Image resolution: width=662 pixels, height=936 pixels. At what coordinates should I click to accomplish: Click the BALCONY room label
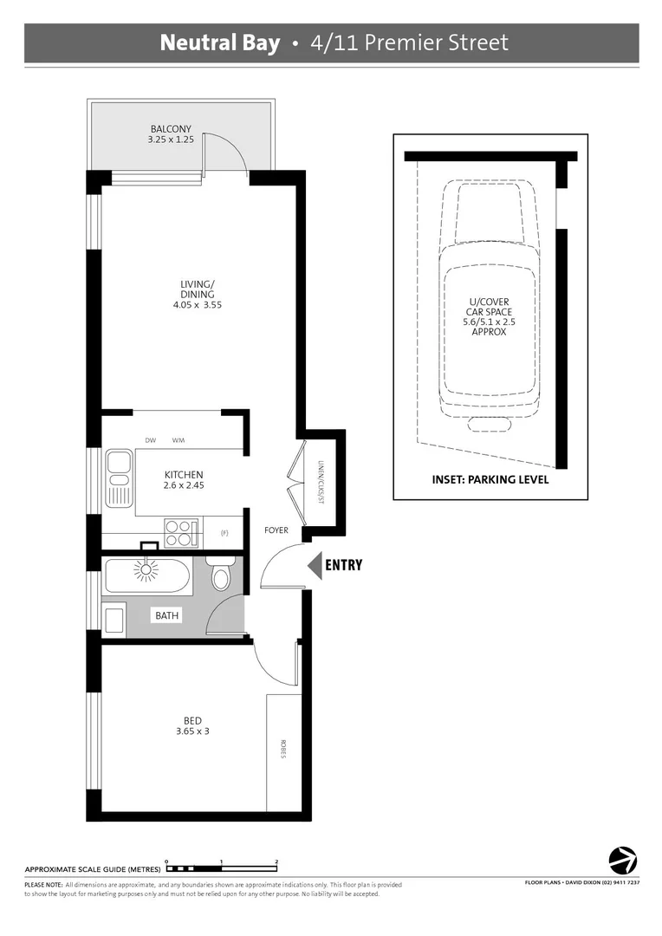tap(170, 129)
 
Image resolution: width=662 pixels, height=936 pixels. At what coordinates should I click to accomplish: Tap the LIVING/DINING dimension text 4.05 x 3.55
tap(196, 304)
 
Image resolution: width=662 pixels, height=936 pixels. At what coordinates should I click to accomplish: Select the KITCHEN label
tap(184, 475)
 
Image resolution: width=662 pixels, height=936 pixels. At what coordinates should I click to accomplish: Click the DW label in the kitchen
tap(151, 441)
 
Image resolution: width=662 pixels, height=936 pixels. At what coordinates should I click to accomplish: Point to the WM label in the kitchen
tap(178, 441)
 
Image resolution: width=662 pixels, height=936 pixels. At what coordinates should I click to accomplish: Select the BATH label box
tap(167, 615)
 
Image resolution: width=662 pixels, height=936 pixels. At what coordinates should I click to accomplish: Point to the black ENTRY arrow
tap(315, 565)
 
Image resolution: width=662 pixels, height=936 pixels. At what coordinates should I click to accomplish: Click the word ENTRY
tap(343, 566)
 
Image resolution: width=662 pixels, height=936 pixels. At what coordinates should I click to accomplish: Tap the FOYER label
tap(276, 530)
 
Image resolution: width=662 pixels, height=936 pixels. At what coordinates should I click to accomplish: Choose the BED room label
tap(192, 721)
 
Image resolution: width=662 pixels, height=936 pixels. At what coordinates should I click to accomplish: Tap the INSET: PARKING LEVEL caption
tap(490, 479)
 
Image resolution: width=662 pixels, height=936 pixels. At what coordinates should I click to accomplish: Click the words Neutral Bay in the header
tap(220, 43)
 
